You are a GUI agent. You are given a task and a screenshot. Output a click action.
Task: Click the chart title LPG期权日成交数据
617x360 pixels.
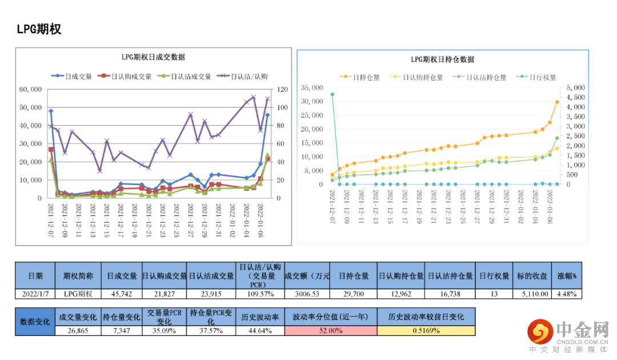(153, 57)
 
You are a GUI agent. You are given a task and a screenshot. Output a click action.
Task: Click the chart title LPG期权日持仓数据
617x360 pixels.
(442, 59)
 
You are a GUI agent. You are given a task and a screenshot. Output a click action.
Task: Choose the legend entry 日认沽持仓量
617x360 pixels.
(486, 77)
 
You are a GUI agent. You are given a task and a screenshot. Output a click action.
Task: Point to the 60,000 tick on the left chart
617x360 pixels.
(30, 89)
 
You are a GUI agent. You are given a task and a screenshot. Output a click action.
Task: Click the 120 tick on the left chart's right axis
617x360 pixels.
(282, 89)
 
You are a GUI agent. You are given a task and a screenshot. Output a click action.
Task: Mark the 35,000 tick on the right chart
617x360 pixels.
(312, 88)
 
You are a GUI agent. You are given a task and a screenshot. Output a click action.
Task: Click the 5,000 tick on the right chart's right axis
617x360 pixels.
(575, 88)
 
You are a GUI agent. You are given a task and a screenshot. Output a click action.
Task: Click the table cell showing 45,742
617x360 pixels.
(122, 294)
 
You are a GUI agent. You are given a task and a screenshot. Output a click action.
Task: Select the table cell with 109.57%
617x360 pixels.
(260, 294)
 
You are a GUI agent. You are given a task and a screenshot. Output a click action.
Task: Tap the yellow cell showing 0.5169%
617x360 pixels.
(426, 330)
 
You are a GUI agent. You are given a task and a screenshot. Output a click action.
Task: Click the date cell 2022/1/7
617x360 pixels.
(35, 294)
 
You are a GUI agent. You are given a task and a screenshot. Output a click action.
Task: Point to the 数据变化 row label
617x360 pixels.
(35, 321)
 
